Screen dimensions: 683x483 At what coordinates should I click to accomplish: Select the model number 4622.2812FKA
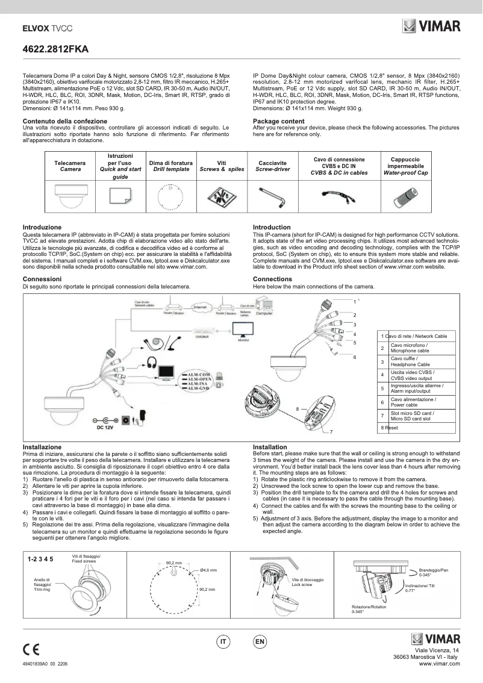click(51, 52)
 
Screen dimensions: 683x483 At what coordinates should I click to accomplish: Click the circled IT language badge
click(223, 642)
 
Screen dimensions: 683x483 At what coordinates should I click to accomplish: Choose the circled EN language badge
click(260, 642)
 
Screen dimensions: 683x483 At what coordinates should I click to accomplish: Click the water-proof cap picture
click(406, 196)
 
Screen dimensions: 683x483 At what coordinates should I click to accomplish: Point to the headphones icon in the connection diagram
click(151, 363)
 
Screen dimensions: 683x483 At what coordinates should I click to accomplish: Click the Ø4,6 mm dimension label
click(208, 569)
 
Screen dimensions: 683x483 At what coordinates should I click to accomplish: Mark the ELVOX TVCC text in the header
click(48, 28)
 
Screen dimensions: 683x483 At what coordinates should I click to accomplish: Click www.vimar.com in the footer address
click(439, 663)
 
